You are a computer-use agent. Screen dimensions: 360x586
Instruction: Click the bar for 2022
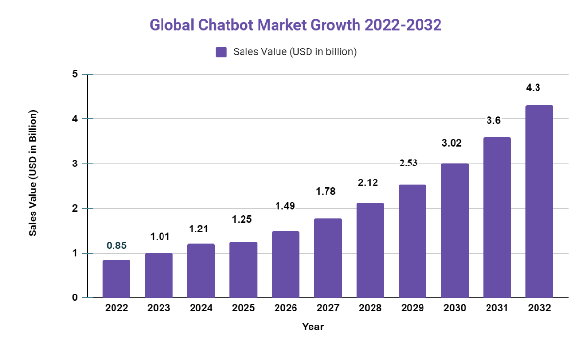(116, 278)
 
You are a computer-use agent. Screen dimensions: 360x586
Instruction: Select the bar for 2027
(328, 258)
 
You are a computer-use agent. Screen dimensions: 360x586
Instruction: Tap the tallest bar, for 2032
(539, 201)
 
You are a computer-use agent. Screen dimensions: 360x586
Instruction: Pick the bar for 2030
(455, 230)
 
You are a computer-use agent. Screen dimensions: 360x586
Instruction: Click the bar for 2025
(243, 269)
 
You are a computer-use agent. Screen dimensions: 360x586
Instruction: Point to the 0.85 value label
(116, 245)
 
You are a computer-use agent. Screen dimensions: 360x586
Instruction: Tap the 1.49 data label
(285, 206)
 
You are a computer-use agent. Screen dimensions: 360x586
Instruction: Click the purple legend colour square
(222, 52)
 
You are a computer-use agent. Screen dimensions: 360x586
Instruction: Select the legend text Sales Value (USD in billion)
(295, 52)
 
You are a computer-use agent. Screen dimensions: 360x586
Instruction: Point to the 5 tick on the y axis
(75, 74)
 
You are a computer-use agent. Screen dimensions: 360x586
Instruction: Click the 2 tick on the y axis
(75, 209)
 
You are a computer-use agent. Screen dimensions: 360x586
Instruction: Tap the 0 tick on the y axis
(75, 297)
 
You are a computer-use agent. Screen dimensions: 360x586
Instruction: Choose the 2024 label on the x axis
(201, 308)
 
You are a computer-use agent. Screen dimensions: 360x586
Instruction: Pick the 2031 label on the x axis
(497, 308)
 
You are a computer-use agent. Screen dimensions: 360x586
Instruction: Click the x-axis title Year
(313, 327)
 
